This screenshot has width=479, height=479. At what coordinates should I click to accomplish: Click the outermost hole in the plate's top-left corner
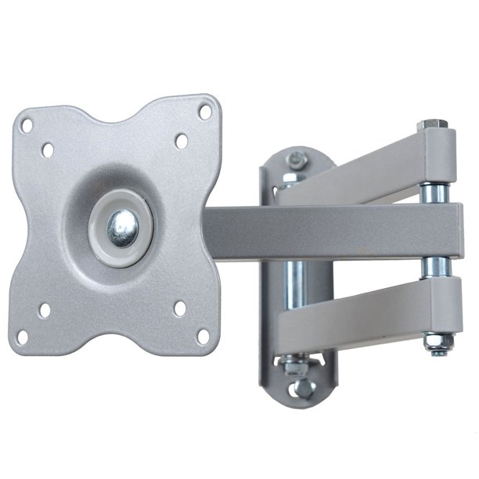tap(26, 124)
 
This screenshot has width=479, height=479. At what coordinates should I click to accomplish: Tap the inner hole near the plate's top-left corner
tap(48, 147)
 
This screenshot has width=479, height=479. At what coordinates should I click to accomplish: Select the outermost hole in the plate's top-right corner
tap(205, 112)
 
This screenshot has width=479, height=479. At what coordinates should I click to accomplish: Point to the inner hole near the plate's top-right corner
tap(182, 141)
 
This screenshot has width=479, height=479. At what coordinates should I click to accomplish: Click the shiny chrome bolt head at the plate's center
tap(122, 228)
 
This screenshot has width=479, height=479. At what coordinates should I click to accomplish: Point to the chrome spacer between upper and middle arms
tap(434, 190)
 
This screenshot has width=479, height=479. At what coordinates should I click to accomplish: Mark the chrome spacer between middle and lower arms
tap(434, 268)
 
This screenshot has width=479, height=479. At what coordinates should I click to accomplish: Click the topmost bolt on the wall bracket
tap(296, 160)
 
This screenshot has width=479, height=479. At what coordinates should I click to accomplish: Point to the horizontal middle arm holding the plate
tap(329, 231)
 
